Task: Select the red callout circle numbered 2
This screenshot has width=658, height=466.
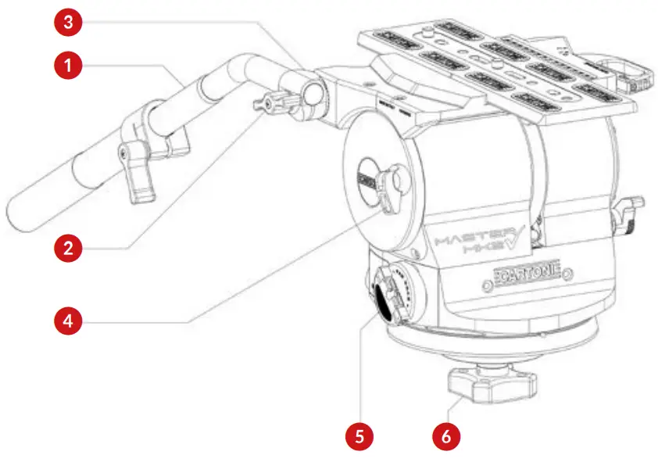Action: pos(69,249)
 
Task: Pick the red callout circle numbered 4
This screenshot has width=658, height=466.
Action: pos(69,320)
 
